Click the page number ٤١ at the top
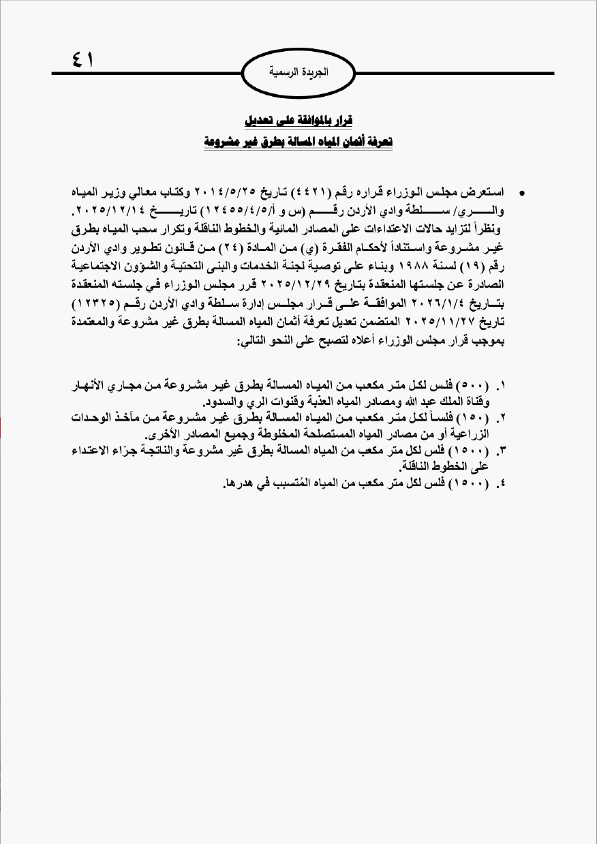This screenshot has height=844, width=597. [82, 60]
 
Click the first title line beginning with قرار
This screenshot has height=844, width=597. [298, 120]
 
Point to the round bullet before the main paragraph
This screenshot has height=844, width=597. [522, 194]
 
